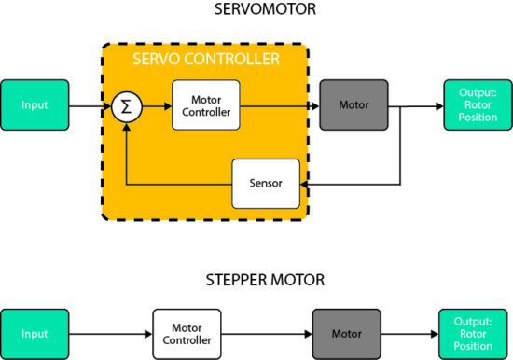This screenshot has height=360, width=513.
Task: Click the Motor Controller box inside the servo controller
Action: (x=205, y=105)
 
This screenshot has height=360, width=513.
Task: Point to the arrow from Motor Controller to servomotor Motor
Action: (x=279, y=105)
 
